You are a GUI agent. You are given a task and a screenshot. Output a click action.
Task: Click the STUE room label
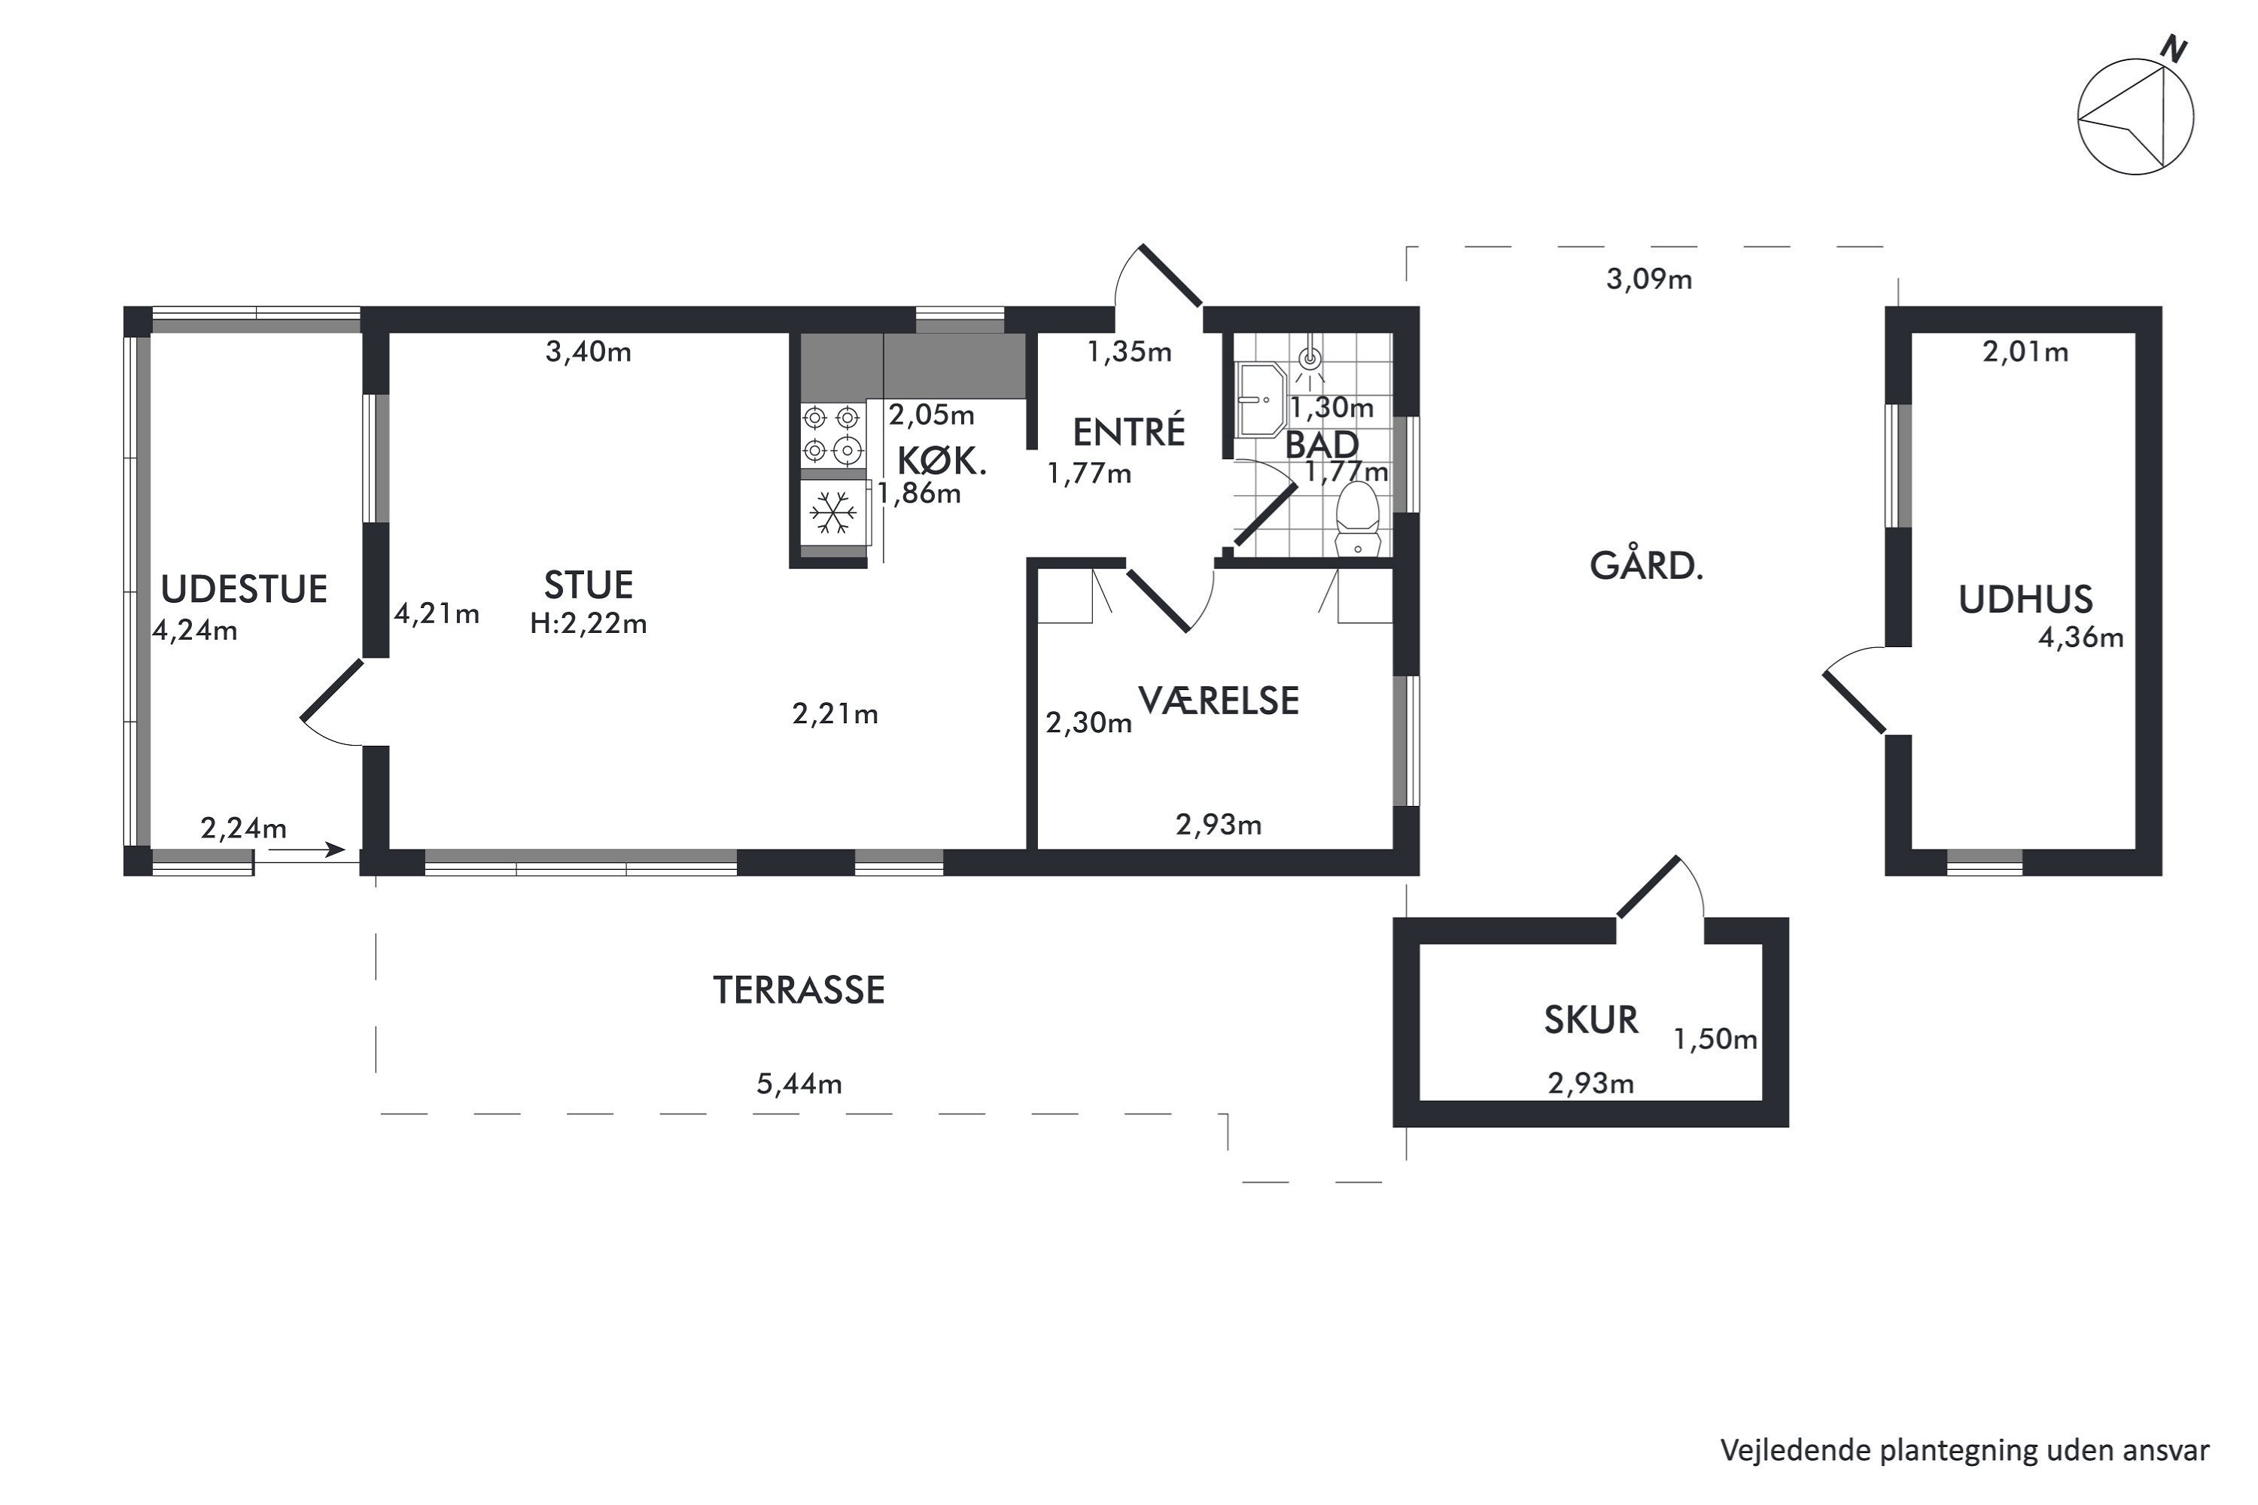pyautogui.click(x=589, y=585)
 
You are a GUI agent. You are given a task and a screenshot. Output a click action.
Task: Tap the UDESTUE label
pyautogui.click(x=244, y=588)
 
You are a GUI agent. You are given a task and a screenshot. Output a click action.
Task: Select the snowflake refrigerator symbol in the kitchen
pyautogui.click(x=833, y=512)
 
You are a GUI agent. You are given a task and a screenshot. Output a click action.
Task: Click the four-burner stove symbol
pyautogui.click(x=832, y=434)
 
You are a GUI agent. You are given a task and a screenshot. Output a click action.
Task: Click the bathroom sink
pyautogui.click(x=1259, y=400)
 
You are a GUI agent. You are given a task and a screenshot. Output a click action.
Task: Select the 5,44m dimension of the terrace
pyautogui.click(x=799, y=1084)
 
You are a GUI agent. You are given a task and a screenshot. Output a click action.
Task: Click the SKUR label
pyautogui.click(x=1591, y=1020)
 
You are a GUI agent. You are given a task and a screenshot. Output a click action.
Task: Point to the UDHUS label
pyautogui.click(x=2025, y=599)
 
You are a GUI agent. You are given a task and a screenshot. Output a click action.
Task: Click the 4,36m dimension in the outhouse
pyautogui.click(x=2080, y=637)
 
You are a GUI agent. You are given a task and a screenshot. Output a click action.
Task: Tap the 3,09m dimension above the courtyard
pyautogui.click(x=1648, y=279)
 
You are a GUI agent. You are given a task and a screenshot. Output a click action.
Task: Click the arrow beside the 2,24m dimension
pyautogui.click(x=307, y=850)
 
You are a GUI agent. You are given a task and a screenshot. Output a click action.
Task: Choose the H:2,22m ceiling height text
pyautogui.click(x=589, y=624)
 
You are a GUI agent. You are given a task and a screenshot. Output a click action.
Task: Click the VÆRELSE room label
pyautogui.click(x=1219, y=701)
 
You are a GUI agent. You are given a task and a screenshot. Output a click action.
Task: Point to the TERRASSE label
pyautogui.click(x=799, y=990)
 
